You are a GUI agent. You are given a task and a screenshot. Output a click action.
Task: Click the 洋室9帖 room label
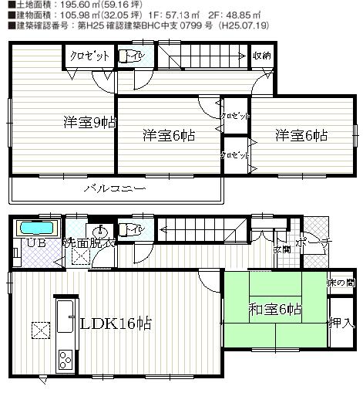(x=90, y=122)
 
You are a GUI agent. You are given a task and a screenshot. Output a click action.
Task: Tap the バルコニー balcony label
(x=110, y=188)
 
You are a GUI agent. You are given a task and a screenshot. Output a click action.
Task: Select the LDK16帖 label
(x=115, y=324)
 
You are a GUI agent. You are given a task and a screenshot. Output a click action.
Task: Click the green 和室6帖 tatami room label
(x=275, y=311)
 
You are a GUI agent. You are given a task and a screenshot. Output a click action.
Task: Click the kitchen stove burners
(x=62, y=359)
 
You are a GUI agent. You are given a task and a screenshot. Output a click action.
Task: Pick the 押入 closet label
(x=341, y=323)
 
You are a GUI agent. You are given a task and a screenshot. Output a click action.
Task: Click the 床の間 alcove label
(x=341, y=284)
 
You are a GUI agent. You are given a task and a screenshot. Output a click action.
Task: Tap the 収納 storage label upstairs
(x=262, y=56)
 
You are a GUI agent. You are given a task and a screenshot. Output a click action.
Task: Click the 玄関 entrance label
(x=281, y=249)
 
